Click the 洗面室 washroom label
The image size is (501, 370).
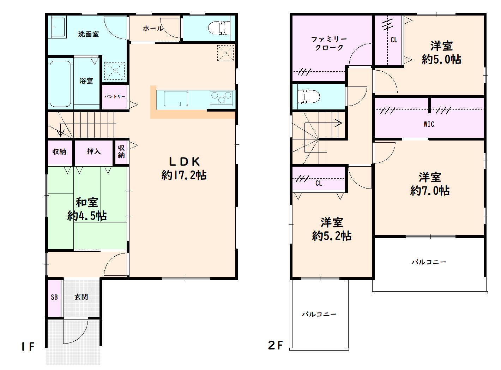[x=88, y=34]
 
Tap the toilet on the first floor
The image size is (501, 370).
[x=219, y=28]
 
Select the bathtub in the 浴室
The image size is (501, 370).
[x=60, y=84]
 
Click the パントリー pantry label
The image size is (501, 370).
[x=115, y=96]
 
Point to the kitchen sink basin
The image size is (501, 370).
[x=176, y=99]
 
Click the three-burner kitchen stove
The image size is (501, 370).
[x=221, y=98]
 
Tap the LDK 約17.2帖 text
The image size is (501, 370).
[x=184, y=169]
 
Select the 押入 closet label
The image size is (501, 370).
[x=94, y=151]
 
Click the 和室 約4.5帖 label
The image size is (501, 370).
[x=87, y=209]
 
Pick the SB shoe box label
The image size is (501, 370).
[x=54, y=297]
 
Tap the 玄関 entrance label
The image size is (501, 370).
[x=81, y=297]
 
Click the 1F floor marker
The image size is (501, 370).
[x=28, y=346]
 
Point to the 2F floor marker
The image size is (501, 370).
[x=275, y=345]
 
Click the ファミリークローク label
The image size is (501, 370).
[x=329, y=43]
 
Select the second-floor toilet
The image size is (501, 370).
[x=309, y=97]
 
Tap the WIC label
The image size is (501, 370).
[x=429, y=124]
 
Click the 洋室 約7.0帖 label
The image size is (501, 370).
[x=430, y=184]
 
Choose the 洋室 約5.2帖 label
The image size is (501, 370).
[x=332, y=229]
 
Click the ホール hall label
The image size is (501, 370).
[x=153, y=28]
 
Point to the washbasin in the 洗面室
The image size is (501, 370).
[x=59, y=27]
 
